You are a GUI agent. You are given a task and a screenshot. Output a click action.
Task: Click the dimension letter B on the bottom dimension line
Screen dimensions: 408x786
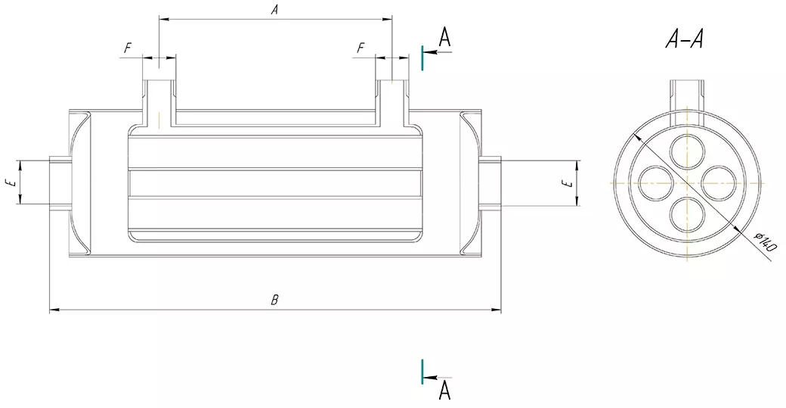click(x=275, y=301)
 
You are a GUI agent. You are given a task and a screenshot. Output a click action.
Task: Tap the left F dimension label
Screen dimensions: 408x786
click(x=128, y=48)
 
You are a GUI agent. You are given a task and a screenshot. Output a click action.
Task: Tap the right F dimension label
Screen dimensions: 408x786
click(x=361, y=48)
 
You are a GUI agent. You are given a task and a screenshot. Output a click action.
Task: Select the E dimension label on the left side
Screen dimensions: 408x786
click(x=8, y=182)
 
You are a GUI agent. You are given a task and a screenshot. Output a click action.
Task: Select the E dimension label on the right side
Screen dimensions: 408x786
click(x=566, y=182)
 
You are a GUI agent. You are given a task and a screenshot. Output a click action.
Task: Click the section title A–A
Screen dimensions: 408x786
click(x=685, y=39)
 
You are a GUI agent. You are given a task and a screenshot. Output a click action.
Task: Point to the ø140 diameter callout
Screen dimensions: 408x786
click(x=766, y=242)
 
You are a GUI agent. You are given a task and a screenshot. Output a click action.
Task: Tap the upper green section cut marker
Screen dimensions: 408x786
click(x=422, y=58)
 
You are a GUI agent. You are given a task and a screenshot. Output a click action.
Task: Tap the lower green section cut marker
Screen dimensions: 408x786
click(x=422, y=371)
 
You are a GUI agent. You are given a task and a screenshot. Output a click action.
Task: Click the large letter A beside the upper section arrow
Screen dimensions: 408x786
click(x=445, y=37)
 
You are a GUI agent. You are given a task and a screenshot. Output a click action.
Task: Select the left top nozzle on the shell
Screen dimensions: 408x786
click(x=159, y=95)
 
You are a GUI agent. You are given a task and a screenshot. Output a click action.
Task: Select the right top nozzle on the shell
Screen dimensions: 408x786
click(x=392, y=95)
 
